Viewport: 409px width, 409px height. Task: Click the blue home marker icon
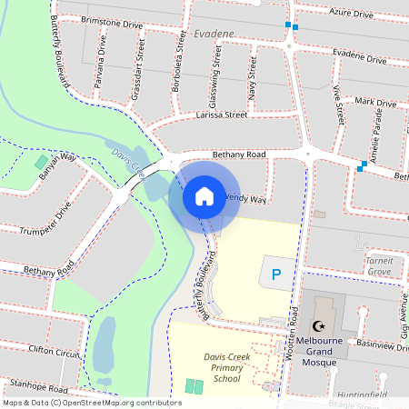[204, 196]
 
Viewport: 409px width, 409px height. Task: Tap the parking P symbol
[277, 272]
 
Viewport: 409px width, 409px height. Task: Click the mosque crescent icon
[318, 326]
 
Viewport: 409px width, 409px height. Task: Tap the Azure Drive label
[351, 15]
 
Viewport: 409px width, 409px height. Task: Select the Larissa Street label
[221, 116]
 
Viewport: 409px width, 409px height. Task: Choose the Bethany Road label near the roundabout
[238, 155]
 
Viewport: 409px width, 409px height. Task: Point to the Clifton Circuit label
[55, 351]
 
